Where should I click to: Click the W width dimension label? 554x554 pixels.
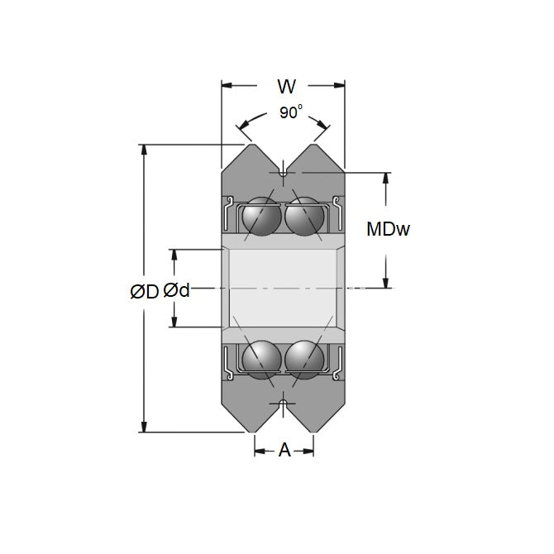tap(286, 86)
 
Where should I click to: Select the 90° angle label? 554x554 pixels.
tap(289, 113)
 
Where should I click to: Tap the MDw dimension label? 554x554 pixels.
tap(388, 230)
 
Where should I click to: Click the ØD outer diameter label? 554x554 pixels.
tap(143, 290)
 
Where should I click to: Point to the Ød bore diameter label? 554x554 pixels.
tap(176, 290)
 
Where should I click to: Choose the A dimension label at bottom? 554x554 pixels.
tap(284, 451)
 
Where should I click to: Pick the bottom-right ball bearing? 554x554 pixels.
tap(305, 359)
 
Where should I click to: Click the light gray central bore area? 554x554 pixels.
tap(283, 288)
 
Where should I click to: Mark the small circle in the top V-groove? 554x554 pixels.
tap(283, 173)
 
